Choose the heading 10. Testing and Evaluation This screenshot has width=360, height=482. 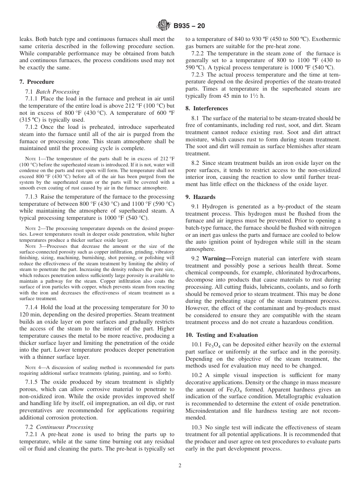pyautogui.click(x=222, y=335)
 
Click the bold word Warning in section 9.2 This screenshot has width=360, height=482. pyautogui.click(x=214, y=259)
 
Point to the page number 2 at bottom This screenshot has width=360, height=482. pyautogui.click(x=180, y=466)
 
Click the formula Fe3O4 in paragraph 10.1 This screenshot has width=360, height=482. pyautogui.click(x=213, y=344)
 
